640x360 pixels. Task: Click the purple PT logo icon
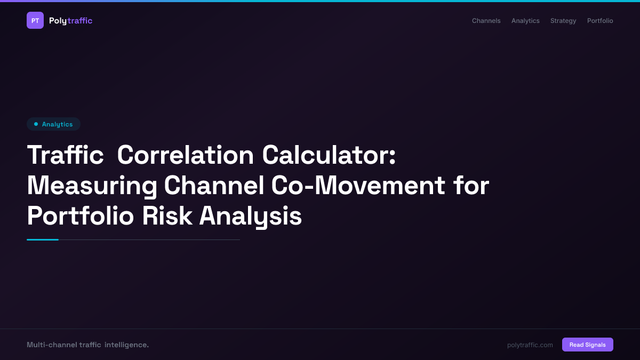tap(35, 20)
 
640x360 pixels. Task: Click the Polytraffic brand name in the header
tap(70, 21)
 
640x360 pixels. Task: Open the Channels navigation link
tap(486, 21)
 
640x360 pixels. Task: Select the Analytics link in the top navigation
tap(525, 21)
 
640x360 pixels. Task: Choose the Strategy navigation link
tap(563, 21)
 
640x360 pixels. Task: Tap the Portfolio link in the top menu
tap(600, 21)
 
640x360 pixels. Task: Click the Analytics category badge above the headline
tap(53, 124)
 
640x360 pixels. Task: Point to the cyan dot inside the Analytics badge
tap(36, 124)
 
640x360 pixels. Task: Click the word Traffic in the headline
tap(65, 155)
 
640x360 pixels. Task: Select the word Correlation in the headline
tap(185, 155)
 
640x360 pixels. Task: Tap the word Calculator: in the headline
tap(329, 155)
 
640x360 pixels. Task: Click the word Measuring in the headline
tap(92, 186)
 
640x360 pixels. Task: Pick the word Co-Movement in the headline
tap(358, 186)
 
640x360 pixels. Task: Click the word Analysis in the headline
tap(250, 217)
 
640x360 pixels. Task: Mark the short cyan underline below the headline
tap(43, 239)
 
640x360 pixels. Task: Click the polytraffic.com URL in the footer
tap(530, 345)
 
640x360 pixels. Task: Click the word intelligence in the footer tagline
tap(126, 345)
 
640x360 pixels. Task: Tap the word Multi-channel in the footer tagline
tap(51, 345)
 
